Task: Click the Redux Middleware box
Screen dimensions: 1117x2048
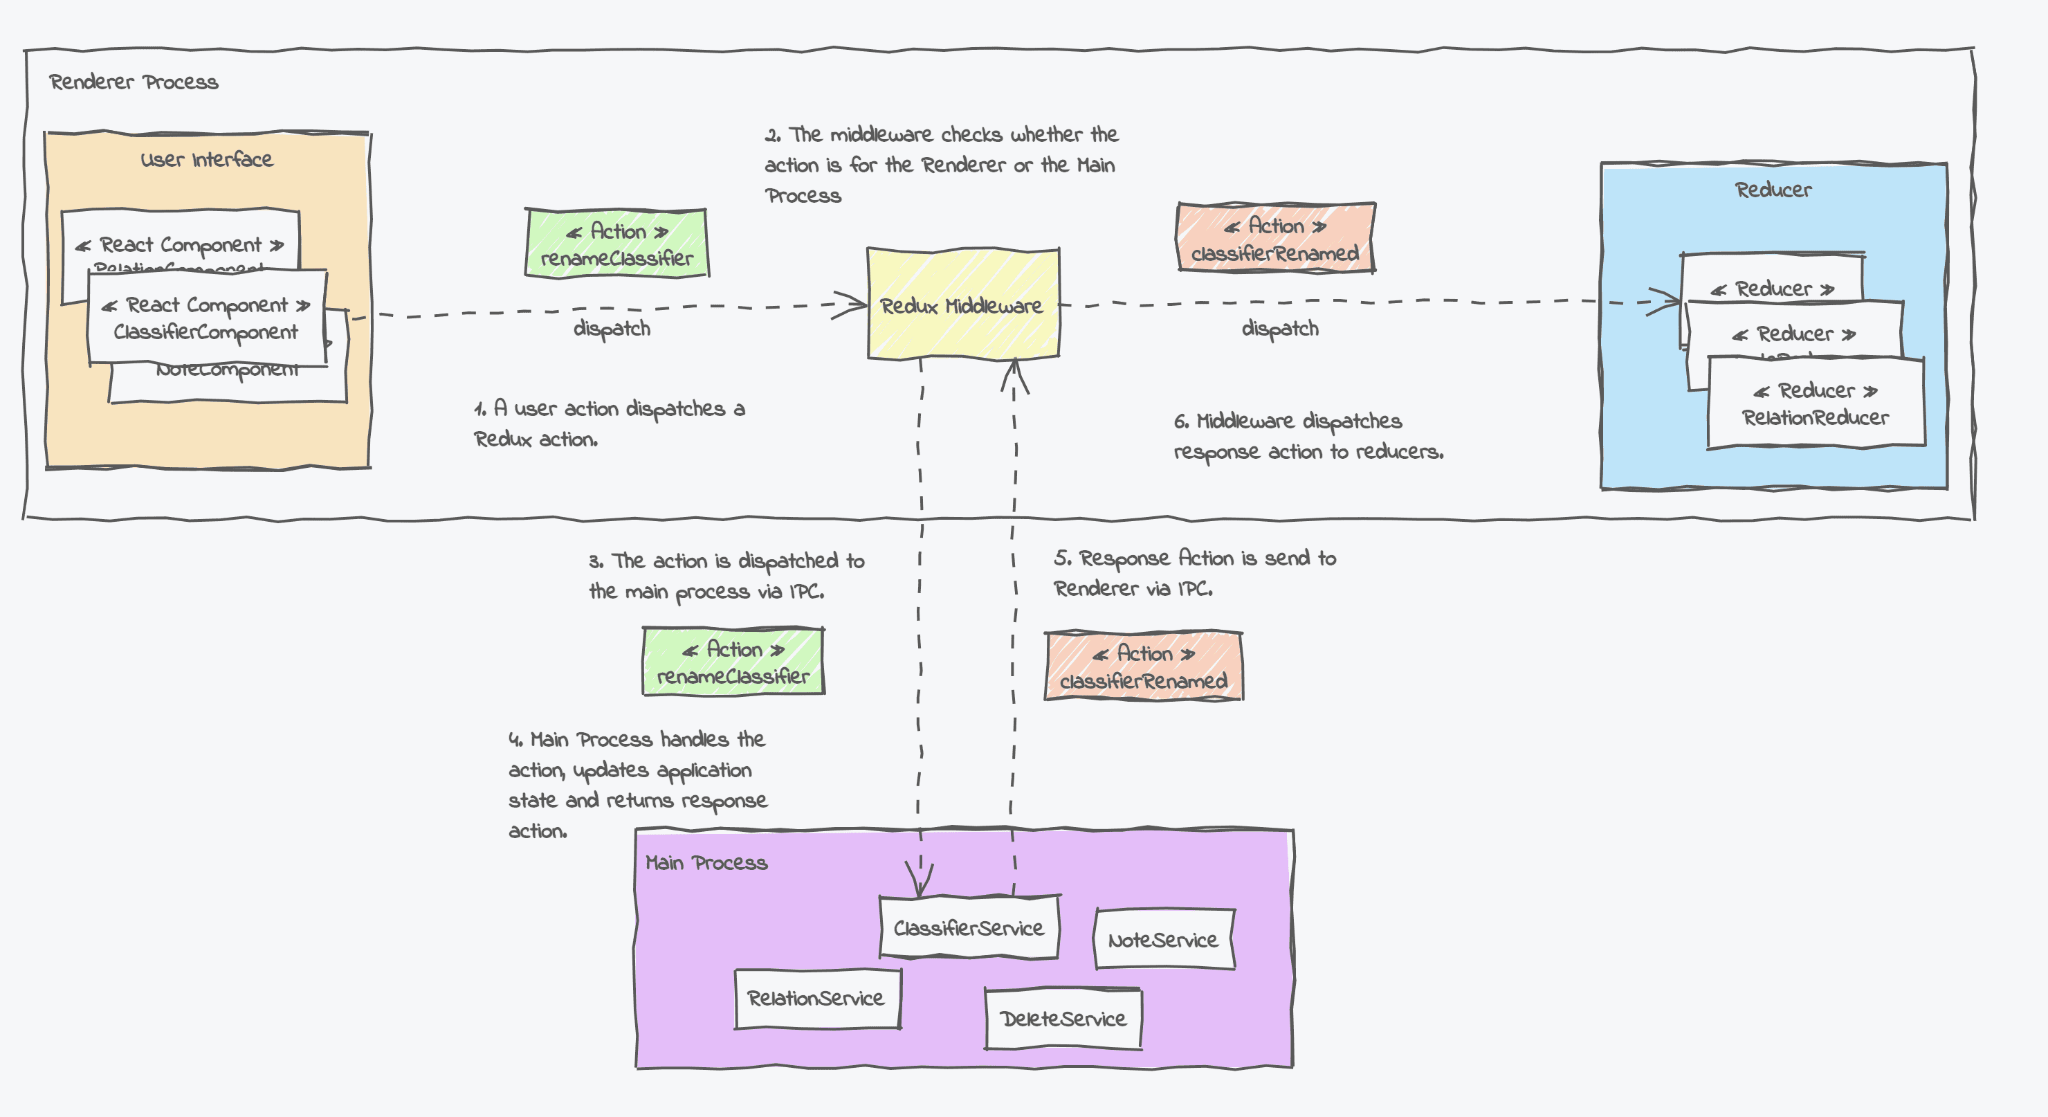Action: click(962, 305)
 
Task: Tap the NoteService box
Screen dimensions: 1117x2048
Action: click(1163, 940)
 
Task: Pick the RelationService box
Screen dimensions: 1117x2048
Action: click(816, 999)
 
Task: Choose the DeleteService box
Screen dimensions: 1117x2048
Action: click(1063, 1019)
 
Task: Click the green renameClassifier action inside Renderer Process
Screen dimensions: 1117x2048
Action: click(616, 244)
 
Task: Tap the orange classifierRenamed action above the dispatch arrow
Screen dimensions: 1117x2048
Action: click(1275, 239)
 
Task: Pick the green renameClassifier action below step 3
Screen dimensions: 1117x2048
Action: click(733, 662)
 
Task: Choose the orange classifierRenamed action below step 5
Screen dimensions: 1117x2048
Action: click(1143, 667)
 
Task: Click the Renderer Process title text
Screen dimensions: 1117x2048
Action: click(134, 82)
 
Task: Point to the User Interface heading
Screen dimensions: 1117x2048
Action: click(207, 159)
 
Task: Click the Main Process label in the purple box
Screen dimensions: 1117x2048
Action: click(706, 862)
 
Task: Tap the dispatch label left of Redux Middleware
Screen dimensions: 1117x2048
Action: click(612, 328)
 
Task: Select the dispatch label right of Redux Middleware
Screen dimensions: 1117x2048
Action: click(1280, 328)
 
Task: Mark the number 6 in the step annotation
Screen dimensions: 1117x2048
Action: click(1180, 421)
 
